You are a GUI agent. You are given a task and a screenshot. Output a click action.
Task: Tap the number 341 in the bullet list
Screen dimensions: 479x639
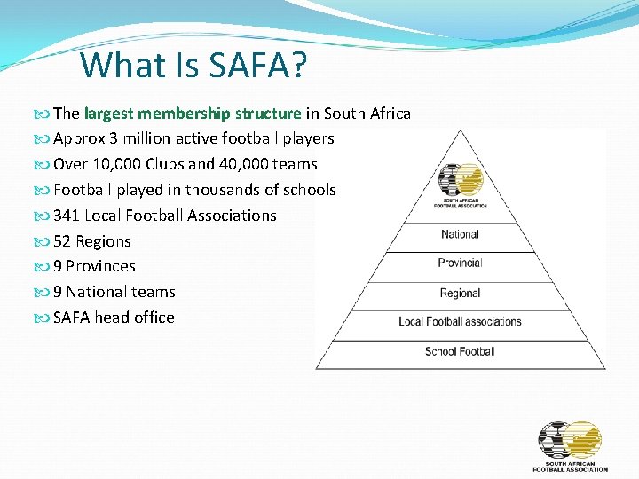(67, 216)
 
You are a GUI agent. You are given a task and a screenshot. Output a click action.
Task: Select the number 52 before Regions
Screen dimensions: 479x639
(62, 241)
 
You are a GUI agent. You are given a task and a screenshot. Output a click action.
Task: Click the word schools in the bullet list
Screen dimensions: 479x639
(309, 190)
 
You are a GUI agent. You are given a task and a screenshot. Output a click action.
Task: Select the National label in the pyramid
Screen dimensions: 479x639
(460, 235)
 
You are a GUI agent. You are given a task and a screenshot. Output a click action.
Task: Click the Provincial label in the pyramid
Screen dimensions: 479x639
(460, 263)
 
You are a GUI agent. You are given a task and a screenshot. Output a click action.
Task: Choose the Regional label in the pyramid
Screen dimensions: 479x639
(460, 294)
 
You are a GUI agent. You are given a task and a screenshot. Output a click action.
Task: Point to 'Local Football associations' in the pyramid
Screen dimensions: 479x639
(460, 322)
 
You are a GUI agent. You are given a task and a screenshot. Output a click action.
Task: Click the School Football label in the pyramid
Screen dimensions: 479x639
(460, 352)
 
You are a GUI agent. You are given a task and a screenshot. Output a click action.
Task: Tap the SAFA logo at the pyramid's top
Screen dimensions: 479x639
(460, 184)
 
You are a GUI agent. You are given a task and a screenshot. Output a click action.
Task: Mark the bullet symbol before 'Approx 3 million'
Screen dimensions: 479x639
(43, 139)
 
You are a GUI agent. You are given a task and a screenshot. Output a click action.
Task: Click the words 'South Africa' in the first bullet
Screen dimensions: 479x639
(367, 114)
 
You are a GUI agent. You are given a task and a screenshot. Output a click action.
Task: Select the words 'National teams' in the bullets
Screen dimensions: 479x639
(121, 292)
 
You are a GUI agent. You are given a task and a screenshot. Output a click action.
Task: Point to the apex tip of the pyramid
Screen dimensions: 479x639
(460, 130)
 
